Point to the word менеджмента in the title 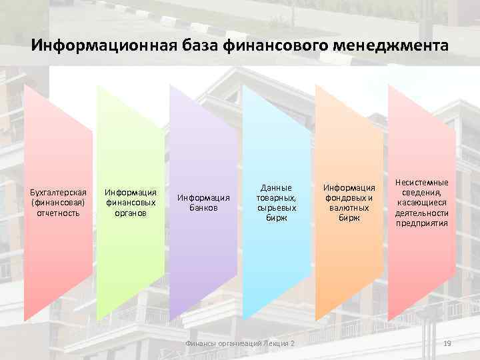click(x=391, y=47)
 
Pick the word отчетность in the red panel click(x=59, y=213)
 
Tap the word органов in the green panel click(x=130, y=213)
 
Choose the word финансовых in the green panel click(x=130, y=203)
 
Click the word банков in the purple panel click(x=203, y=207)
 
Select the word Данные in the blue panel click(x=277, y=188)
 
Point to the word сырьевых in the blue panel click(x=277, y=208)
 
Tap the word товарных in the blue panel click(x=276, y=198)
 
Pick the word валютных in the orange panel click(x=349, y=208)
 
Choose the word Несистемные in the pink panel click(x=421, y=182)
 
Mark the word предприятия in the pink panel click(x=421, y=223)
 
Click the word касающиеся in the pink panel click(x=421, y=203)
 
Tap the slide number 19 click(x=447, y=343)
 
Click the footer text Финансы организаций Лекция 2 click(x=239, y=343)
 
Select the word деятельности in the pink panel click(x=421, y=213)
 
